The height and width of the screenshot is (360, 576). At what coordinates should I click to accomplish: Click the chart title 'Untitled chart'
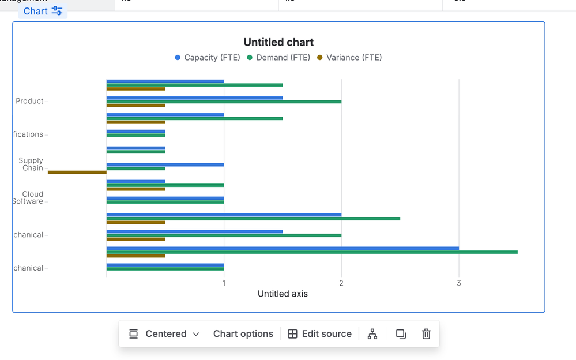(x=278, y=42)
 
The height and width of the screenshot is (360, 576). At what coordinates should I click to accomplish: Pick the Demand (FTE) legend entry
(x=278, y=58)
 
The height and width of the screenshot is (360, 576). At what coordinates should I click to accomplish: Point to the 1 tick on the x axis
(x=224, y=283)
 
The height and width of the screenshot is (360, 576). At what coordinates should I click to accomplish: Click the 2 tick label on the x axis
(x=341, y=283)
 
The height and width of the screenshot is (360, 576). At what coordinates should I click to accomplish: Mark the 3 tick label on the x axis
(x=459, y=283)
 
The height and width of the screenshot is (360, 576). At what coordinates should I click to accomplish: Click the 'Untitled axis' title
(x=283, y=294)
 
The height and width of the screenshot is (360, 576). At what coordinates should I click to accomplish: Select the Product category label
(x=29, y=101)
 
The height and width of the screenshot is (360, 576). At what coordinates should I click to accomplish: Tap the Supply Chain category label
(x=31, y=164)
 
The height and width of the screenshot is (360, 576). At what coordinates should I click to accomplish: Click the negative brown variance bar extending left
(x=77, y=172)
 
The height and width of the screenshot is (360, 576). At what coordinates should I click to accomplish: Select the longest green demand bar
(x=312, y=252)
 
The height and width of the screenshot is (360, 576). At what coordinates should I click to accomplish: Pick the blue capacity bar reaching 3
(x=283, y=248)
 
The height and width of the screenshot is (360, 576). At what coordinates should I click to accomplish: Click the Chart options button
(x=243, y=334)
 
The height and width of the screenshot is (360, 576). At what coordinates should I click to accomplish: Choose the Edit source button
(x=319, y=334)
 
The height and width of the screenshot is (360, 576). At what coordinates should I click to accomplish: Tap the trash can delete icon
(x=426, y=334)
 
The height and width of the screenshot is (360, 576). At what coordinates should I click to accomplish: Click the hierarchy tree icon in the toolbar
(x=372, y=334)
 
